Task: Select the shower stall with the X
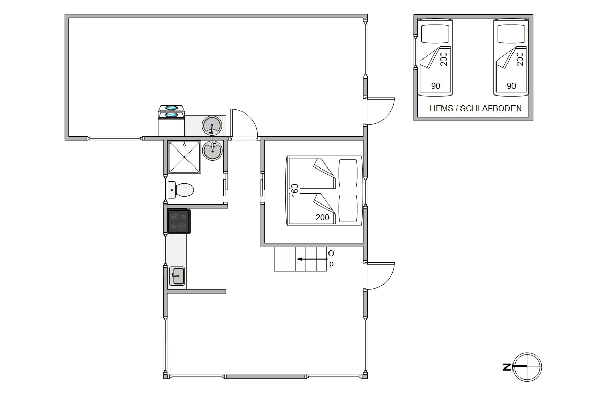(x=185, y=157)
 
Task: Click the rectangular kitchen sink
(x=177, y=276)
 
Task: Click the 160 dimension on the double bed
(x=294, y=190)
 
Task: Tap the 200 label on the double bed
(x=322, y=217)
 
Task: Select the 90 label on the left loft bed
(x=436, y=86)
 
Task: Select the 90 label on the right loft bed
(x=511, y=86)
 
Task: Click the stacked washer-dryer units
(x=171, y=120)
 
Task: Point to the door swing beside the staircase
(x=381, y=276)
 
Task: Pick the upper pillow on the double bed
(x=348, y=173)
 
